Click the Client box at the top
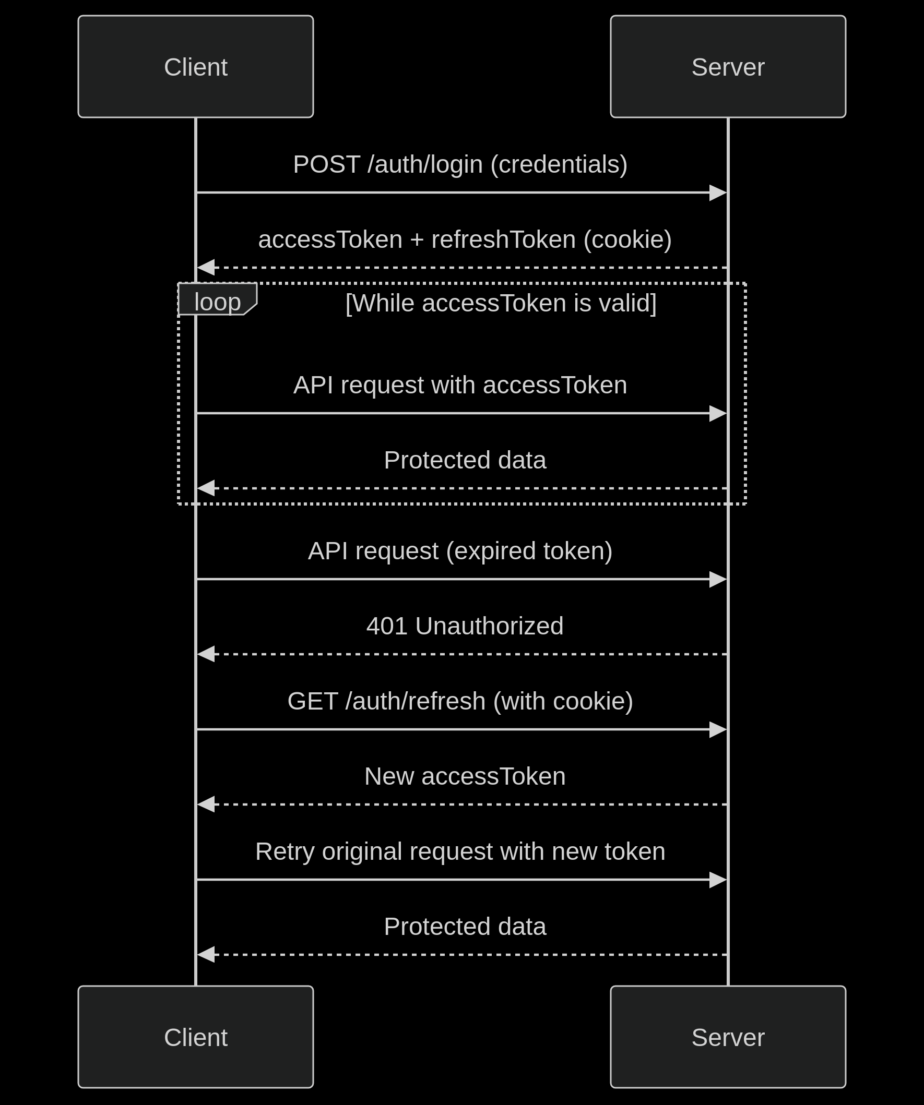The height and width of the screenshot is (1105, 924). pos(195,66)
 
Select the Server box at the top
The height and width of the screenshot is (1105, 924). pos(728,66)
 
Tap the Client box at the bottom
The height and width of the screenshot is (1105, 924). pos(195,1037)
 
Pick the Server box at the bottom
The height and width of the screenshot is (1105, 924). pos(728,1037)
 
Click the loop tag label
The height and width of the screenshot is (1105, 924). pos(217,302)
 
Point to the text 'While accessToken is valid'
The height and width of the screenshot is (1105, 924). pos(501,303)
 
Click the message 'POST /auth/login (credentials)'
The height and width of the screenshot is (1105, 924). pos(460,164)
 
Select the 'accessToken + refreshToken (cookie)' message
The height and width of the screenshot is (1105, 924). pos(465,239)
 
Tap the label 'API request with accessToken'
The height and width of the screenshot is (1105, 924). pos(460,385)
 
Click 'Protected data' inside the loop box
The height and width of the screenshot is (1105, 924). pos(465,460)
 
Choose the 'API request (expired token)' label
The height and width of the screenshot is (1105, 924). pos(460,551)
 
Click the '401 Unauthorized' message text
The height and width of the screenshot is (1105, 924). pos(465,626)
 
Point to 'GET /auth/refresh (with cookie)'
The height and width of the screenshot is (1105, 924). pos(460,701)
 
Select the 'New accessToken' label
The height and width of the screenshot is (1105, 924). pos(465,776)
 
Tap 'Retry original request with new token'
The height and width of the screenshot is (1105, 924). pos(460,851)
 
